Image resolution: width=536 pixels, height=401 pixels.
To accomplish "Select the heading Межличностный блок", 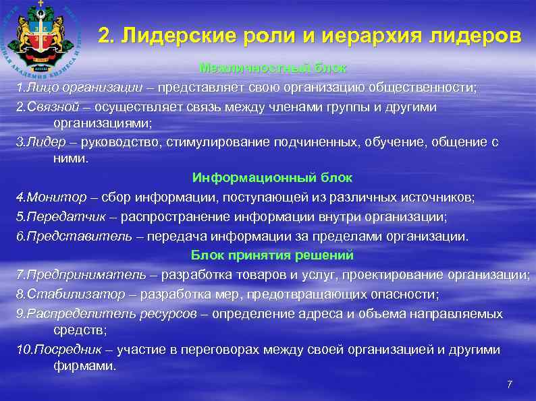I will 272,68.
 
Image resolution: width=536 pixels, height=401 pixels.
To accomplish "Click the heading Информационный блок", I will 272,178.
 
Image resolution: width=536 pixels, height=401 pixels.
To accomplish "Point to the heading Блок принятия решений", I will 272,255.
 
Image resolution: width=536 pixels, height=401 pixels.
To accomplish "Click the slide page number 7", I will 509,384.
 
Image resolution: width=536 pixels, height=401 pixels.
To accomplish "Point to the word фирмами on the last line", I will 84,366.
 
